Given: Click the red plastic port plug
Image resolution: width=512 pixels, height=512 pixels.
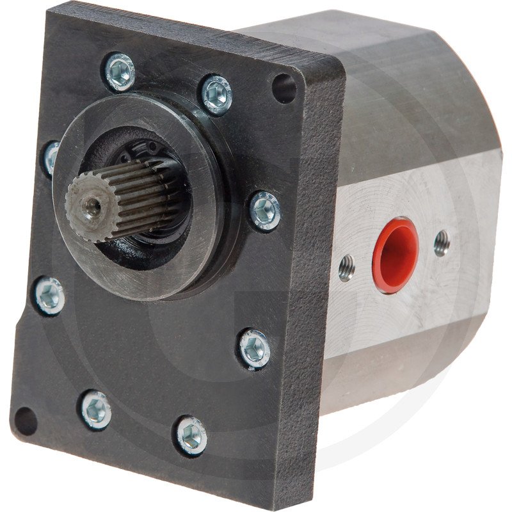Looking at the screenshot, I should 395,254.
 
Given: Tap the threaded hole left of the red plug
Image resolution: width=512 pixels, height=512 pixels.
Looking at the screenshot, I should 346,268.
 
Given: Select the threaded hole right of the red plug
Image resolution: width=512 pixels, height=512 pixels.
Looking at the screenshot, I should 442,243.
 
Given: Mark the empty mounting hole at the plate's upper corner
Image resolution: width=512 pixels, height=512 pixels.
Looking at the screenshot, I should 284,88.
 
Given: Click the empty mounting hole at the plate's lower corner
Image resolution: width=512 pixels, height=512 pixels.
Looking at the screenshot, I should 26,420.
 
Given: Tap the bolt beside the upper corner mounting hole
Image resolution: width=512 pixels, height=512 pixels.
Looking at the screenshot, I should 216,94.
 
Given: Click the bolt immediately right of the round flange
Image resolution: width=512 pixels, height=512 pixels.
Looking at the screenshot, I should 264,210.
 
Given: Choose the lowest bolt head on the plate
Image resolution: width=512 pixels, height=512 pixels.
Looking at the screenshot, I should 192,435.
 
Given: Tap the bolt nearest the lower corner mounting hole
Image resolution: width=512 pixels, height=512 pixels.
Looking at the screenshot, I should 95,409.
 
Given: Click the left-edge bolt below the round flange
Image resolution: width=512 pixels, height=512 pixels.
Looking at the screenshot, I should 50,295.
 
